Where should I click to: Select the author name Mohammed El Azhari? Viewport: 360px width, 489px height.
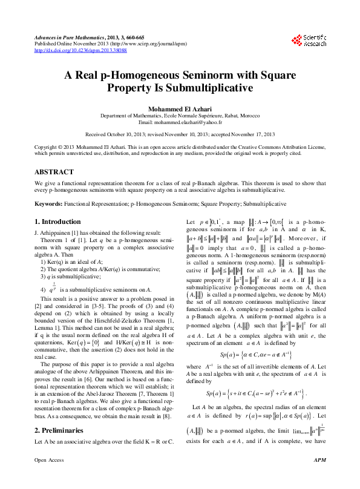pyautogui.click(x=180, y=107)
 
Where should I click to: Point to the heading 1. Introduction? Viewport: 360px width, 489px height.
pyautogui.click(x=57, y=222)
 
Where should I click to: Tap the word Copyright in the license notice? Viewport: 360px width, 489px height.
pyautogui.click(x=46, y=147)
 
